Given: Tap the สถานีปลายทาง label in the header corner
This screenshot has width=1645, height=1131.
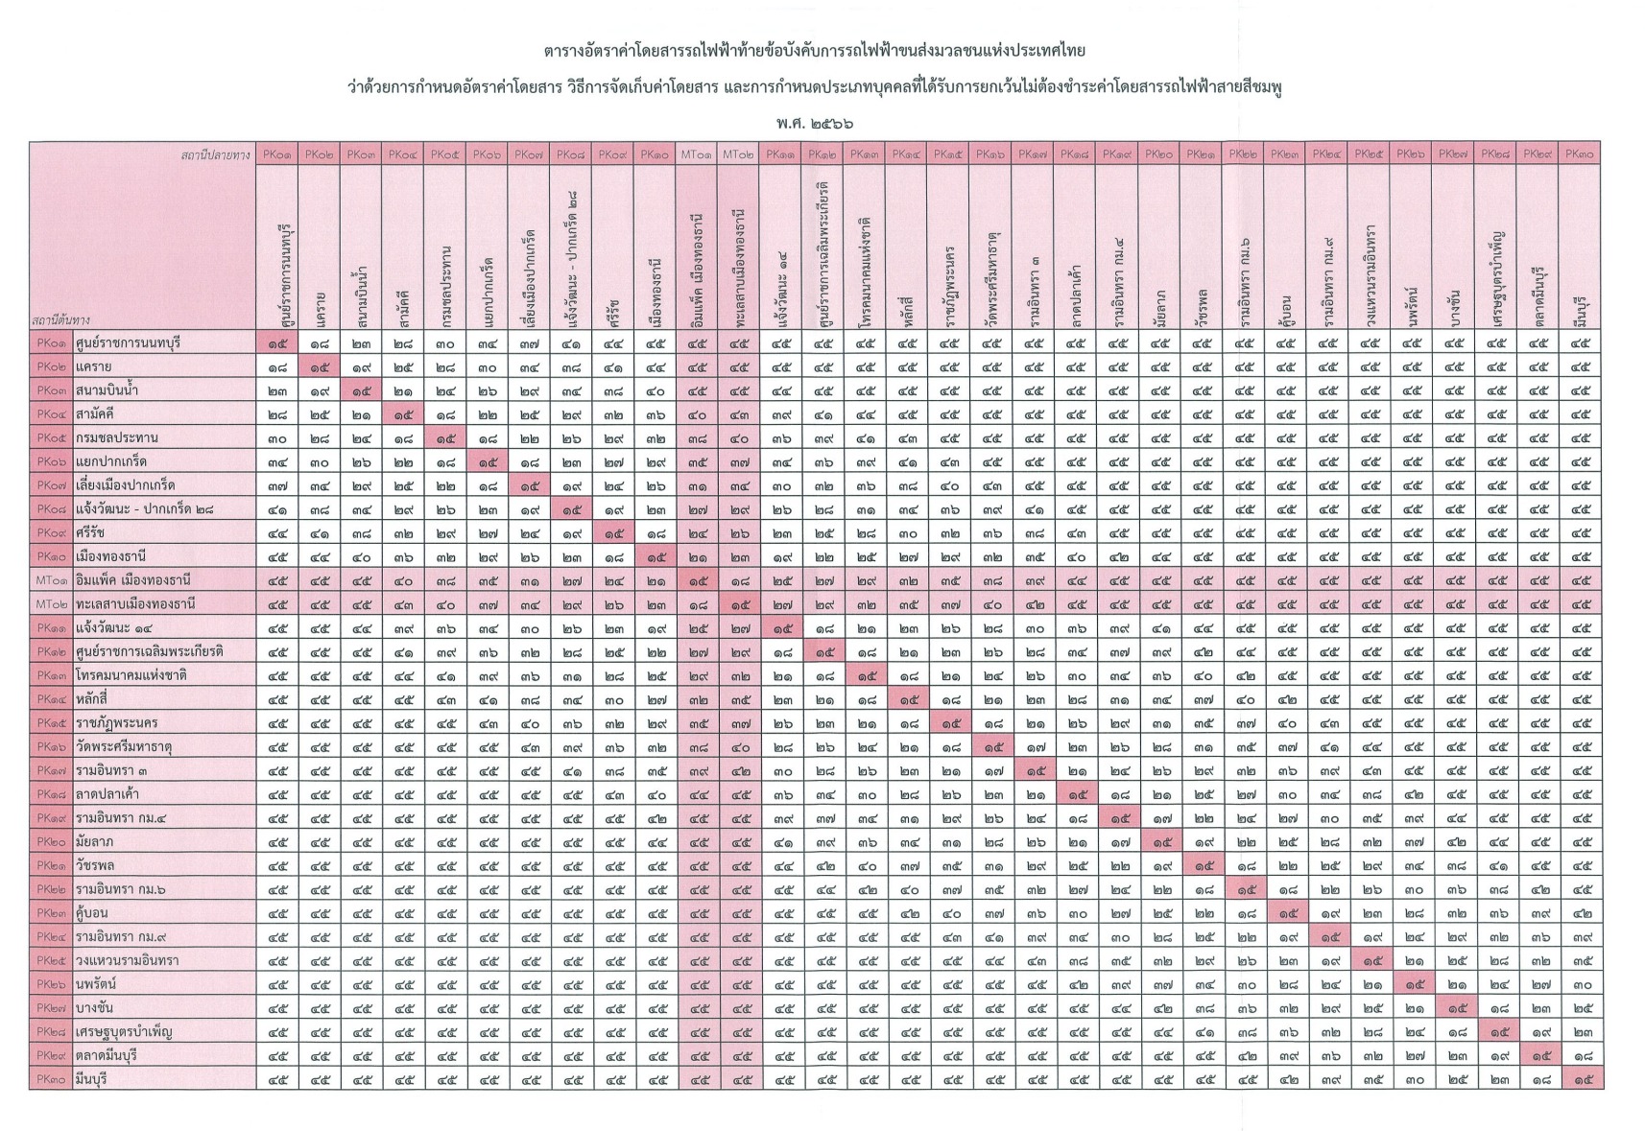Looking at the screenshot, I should [215, 153].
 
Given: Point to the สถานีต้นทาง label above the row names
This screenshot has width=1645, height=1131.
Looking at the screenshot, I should [62, 320].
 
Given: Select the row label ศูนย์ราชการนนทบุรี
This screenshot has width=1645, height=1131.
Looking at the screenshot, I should [128, 342].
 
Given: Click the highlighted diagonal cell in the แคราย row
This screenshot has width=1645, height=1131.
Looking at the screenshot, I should [320, 366].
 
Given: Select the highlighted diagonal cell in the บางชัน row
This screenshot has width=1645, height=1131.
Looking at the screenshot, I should [1455, 1007].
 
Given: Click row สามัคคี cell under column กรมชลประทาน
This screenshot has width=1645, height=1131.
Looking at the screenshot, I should [445, 414].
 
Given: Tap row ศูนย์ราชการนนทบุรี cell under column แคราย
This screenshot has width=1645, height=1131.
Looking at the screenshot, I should [320, 342].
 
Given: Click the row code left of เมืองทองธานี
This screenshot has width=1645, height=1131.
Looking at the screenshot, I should [50, 556].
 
